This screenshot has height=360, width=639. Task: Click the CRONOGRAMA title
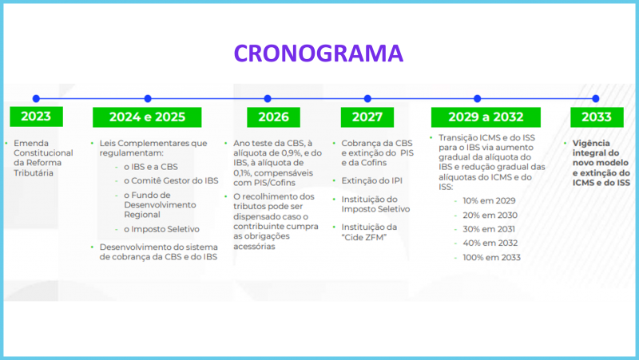click(x=319, y=53)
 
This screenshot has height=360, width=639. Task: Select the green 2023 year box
click(x=36, y=117)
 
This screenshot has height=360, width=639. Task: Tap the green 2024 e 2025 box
click(x=147, y=117)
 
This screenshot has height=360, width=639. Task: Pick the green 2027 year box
click(x=367, y=117)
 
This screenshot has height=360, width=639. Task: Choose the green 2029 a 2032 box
click(x=477, y=117)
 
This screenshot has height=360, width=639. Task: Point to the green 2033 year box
click(x=595, y=117)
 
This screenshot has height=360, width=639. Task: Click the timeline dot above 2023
click(x=36, y=98)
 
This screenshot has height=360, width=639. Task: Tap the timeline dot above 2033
click(x=595, y=98)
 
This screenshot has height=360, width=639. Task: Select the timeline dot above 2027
click(x=367, y=98)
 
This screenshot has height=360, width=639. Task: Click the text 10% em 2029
click(x=490, y=200)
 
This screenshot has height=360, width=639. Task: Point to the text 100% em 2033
click(x=493, y=257)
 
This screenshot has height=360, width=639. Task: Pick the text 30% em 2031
click(x=490, y=229)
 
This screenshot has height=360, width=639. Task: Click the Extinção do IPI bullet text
click(x=372, y=180)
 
